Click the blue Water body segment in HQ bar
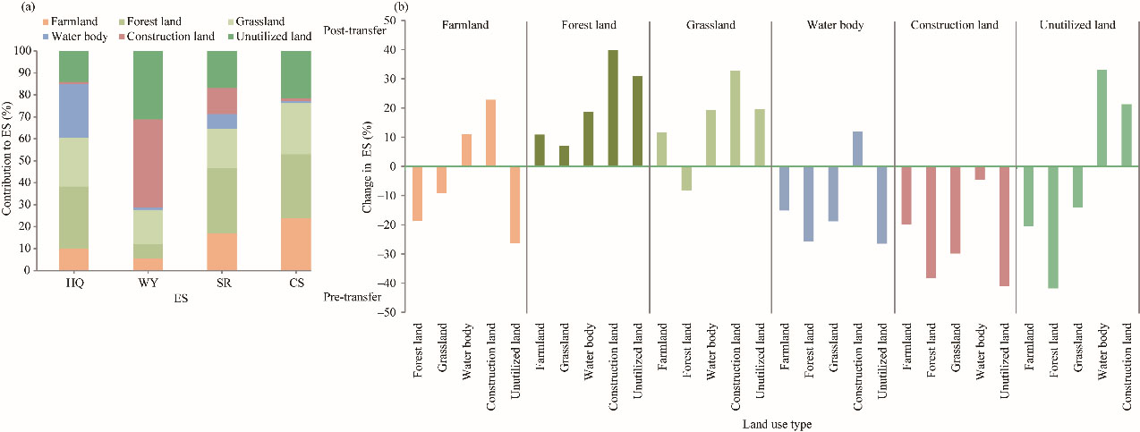point(73,110)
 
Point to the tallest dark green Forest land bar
point(613,107)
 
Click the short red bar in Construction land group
point(980,173)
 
